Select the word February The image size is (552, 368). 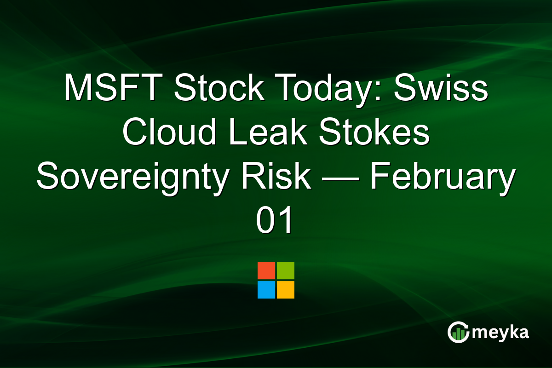443,178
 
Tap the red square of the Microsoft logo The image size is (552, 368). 266,270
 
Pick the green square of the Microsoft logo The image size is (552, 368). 286,270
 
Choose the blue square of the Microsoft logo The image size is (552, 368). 266,290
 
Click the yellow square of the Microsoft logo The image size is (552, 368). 286,290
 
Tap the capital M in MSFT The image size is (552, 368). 76,88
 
